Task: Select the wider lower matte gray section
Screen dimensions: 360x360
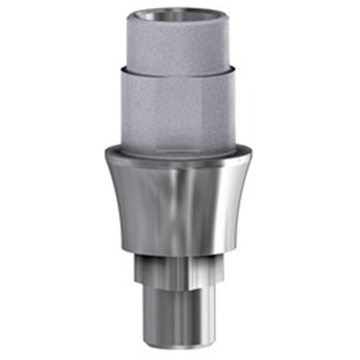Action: pos(179,108)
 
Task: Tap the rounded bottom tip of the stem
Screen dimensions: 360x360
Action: pos(179,340)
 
